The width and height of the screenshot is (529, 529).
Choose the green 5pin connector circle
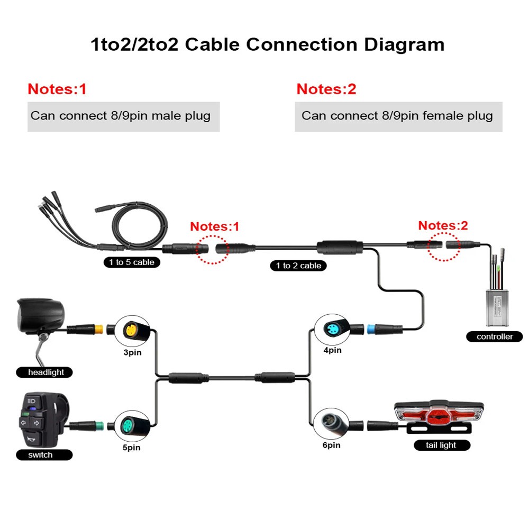pyautogui.click(x=130, y=425)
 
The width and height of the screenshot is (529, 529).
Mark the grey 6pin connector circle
pyautogui.click(x=330, y=423)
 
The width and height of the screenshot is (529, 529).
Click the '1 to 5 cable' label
pyautogui.click(x=132, y=262)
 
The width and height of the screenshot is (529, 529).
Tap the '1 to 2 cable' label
pyautogui.click(x=298, y=266)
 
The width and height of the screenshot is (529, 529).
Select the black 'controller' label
pyautogui.click(x=495, y=336)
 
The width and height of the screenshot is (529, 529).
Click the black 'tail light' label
pyautogui.click(x=442, y=445)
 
